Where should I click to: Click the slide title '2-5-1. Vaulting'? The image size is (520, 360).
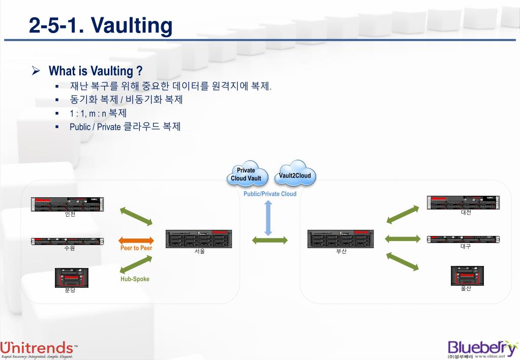coord(101,25)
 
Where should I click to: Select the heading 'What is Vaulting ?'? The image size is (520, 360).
coord(95,71)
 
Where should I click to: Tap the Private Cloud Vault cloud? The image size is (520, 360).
coord(246,174)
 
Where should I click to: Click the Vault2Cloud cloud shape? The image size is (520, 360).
coord(295,175)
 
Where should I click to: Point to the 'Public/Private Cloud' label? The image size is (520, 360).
coord(269,194)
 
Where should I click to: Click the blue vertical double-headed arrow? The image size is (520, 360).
coord(268,218)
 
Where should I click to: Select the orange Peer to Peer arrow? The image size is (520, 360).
coord(136,241)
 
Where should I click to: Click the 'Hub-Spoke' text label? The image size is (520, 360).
coord(135,279)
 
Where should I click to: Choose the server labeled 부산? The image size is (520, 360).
coord(340,238)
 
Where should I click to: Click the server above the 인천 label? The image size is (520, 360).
coord(67,204)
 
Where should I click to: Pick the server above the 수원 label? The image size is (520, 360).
coord(67,240)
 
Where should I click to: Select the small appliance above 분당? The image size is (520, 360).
coord(72,278)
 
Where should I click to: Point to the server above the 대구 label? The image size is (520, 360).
coord(463,239)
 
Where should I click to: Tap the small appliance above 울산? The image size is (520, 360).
coord(467,276)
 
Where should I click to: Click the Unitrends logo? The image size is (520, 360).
coord(39,349)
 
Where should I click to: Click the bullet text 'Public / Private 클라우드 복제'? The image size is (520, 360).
coord(125,127)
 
